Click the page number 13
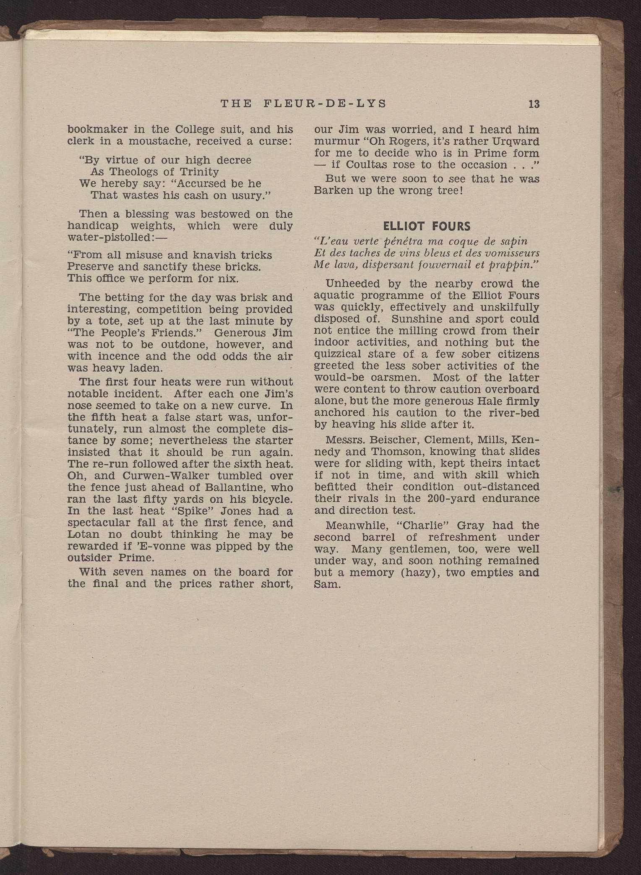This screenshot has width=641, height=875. [534, 104]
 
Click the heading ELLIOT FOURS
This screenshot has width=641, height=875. [427, 227]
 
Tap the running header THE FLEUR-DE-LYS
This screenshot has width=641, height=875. [303, 104]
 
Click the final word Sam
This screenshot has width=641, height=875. [326, 584]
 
